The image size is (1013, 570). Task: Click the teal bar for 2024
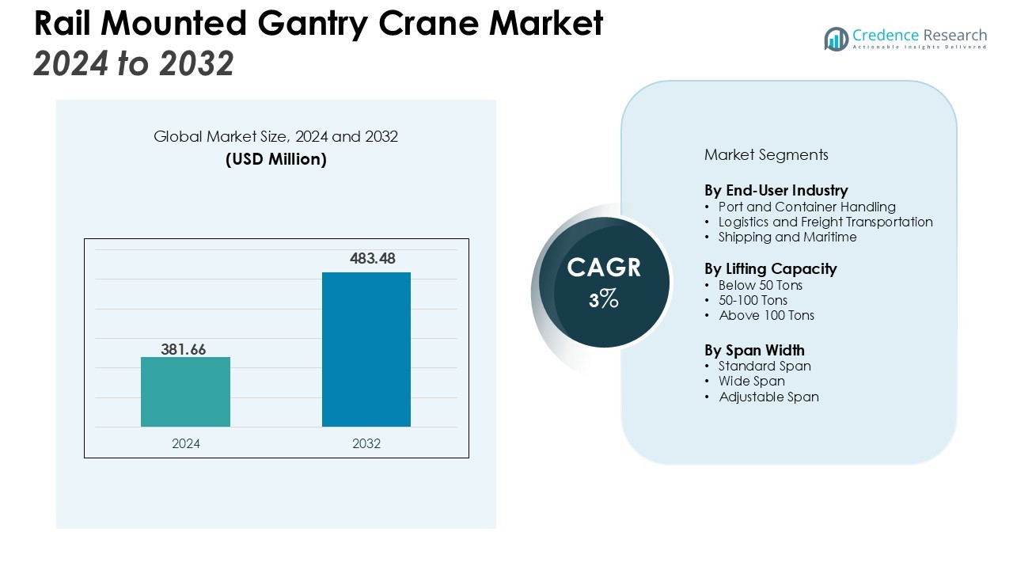[185, 392]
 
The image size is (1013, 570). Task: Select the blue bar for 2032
[366, 349]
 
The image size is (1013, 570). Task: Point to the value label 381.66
[184, 349]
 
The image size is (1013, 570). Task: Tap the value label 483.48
[372, 259]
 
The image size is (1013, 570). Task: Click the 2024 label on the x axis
[186, 443]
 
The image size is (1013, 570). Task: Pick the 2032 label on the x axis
[366, 443]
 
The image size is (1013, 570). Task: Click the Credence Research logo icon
[836, 39]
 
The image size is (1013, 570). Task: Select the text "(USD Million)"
[275, 159]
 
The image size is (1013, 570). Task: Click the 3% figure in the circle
[603, 299]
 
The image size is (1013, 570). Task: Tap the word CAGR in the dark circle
[604, 268]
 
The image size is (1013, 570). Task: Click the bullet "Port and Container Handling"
[806, 207]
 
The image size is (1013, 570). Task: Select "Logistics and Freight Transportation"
[825, 222]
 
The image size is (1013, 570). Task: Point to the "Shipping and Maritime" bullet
[787, 237]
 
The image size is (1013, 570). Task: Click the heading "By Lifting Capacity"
[770, 268]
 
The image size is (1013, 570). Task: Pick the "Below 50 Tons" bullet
[760, 285]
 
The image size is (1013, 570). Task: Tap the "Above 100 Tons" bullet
[766, 315]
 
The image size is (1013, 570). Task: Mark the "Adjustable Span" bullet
[768, 397]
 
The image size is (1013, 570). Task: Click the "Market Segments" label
[766, 154]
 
